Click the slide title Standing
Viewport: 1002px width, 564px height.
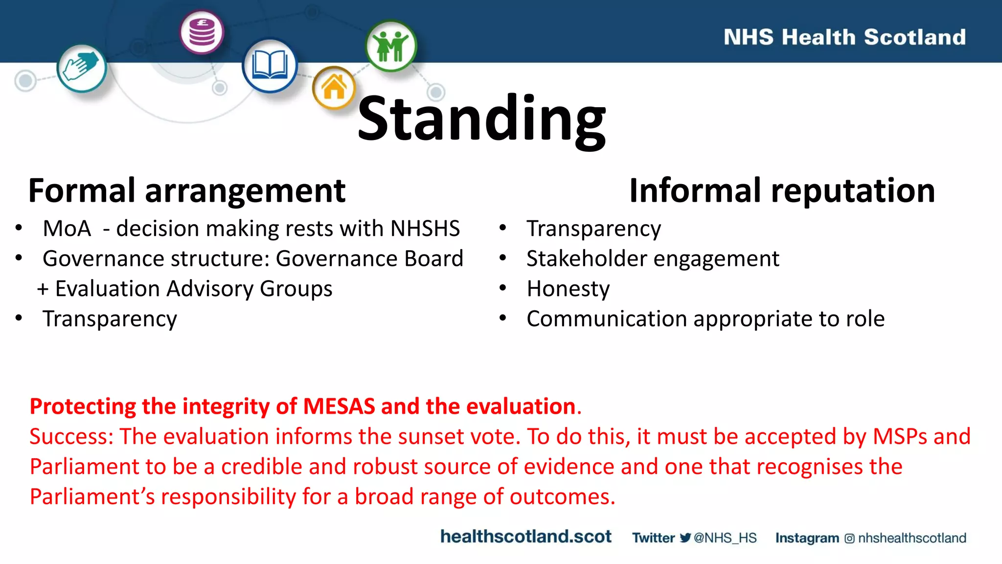coord(481,119)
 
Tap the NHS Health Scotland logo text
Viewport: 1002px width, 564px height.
coord(844,37)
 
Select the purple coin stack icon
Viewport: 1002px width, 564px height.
coord(202,32)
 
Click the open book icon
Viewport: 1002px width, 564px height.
coord(270,66)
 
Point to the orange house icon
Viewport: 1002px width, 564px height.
coord(334,88)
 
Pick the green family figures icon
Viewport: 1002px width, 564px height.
coord(391,46)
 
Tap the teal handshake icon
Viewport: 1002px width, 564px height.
coord(82,68)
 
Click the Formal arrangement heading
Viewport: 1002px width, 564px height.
coord(186,190)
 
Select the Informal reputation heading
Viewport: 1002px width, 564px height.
coord(782,190)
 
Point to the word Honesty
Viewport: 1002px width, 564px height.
coord(568,289)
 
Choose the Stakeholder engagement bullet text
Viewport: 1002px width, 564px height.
coord(652,258)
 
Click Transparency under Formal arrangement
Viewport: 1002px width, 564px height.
coord(110,319)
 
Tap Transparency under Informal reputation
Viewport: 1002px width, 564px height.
coord(593,229)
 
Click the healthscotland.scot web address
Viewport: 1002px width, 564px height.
coord(525,537)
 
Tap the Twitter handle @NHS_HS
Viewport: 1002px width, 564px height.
coord(725,538)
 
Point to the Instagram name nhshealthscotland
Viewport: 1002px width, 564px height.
coord(912,538)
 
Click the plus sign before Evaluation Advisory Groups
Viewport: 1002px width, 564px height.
coord(43,289)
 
